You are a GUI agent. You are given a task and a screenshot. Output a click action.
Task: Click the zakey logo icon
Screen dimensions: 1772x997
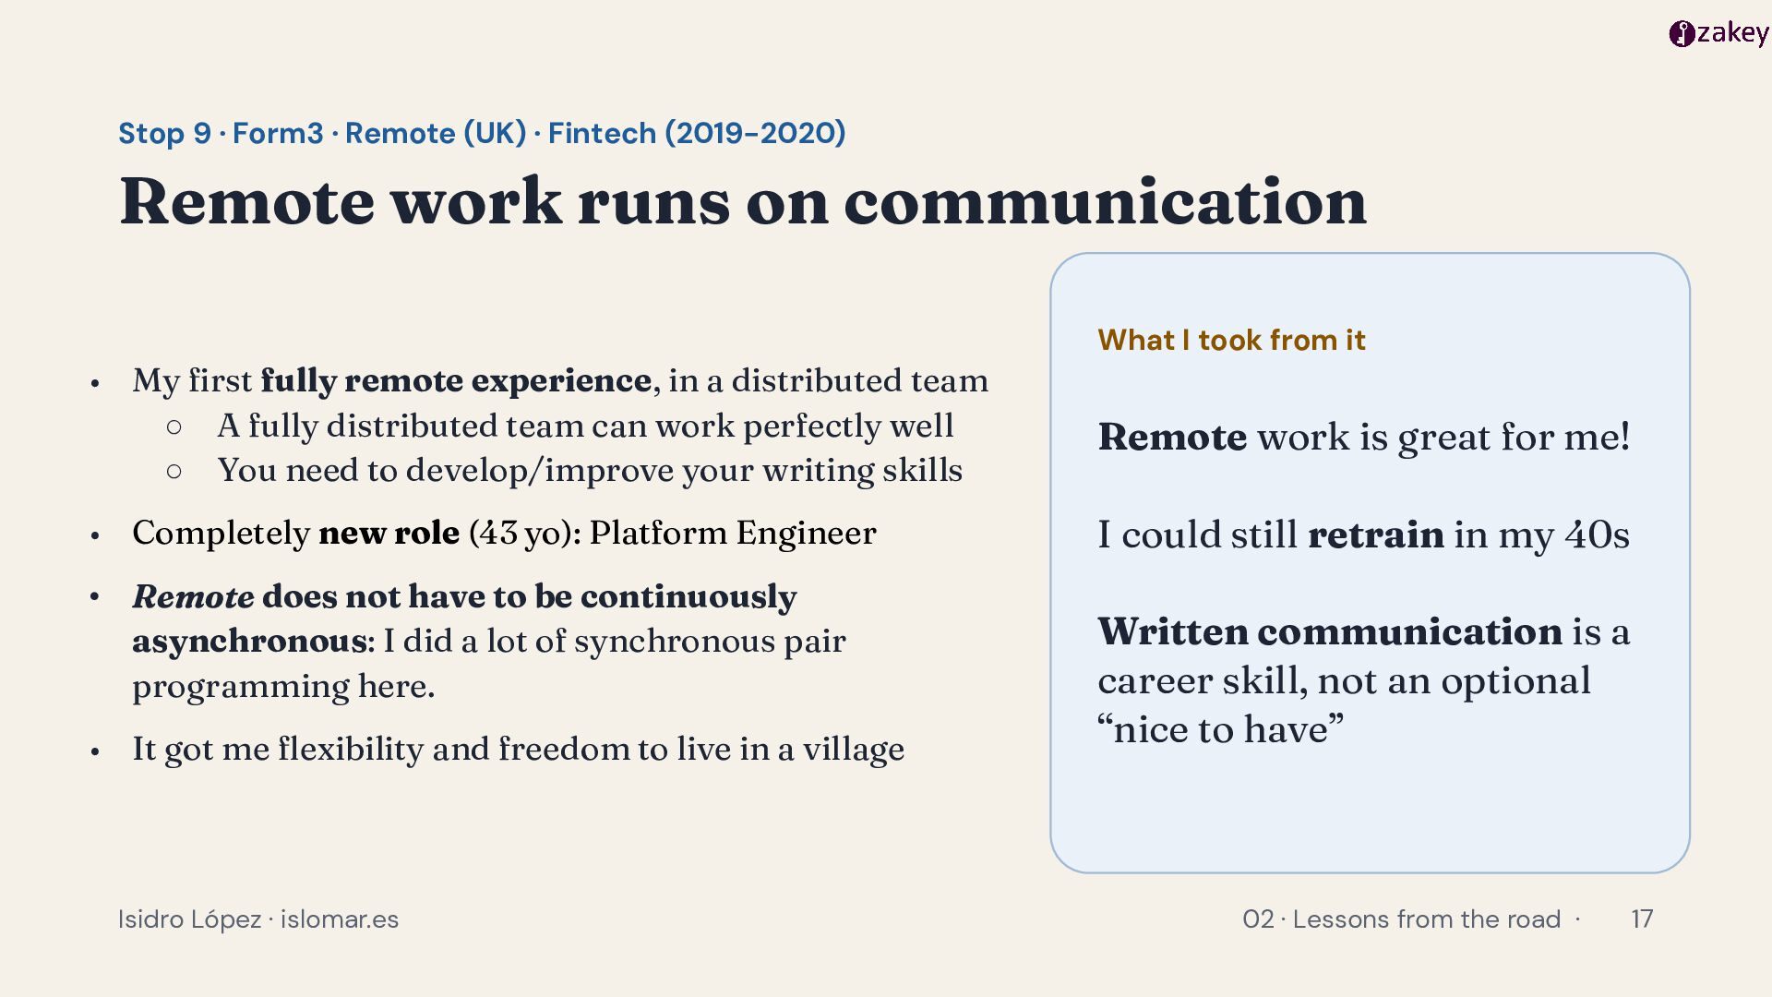pos(1682,34)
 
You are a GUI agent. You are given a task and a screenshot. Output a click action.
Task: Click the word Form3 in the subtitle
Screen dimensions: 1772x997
pos(278,133)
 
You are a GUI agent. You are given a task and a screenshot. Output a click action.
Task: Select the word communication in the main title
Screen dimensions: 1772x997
pos(1105,201)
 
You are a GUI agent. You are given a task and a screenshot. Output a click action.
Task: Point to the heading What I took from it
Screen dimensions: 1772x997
pos(1231,340)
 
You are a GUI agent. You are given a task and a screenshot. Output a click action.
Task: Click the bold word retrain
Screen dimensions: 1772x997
pos(1376,535)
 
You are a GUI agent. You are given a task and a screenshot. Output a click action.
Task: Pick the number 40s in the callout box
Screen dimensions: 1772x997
pos(1597,535)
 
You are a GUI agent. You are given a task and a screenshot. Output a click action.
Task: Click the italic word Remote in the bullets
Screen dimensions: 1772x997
pos(193,596)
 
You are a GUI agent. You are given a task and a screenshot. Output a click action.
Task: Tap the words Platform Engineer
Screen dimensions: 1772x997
pos(733,533)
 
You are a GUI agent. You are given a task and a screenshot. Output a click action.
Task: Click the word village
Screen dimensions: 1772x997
pos(853,749)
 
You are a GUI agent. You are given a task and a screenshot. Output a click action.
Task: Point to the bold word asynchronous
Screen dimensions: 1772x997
pos(249,641)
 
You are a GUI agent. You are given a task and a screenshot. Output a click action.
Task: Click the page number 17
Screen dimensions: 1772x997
pos(1642,919)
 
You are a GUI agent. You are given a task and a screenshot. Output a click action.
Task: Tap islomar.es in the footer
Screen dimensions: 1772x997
pos(340,919)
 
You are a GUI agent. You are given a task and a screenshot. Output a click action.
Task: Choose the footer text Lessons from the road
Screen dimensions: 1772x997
pos(1426,919)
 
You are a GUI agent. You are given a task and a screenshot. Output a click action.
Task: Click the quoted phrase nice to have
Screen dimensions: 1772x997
pos(1220,729)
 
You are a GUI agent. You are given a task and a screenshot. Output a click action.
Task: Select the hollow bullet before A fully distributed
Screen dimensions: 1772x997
pos(174,426)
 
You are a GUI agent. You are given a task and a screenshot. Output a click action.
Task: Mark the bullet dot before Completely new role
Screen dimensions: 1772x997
pos(95,535)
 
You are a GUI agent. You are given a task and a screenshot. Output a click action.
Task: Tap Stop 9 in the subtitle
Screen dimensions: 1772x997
pos(164,134)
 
